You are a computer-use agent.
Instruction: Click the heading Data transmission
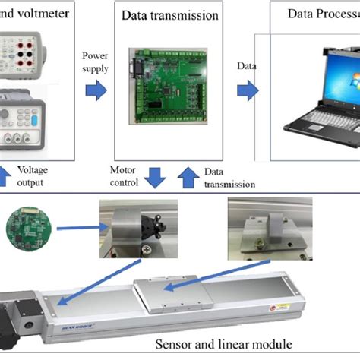click(167, 15)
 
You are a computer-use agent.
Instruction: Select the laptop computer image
click(319, 91)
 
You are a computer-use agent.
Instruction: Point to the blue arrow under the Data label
click(248, 91)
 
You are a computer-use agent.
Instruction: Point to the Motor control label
click(124, 177)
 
